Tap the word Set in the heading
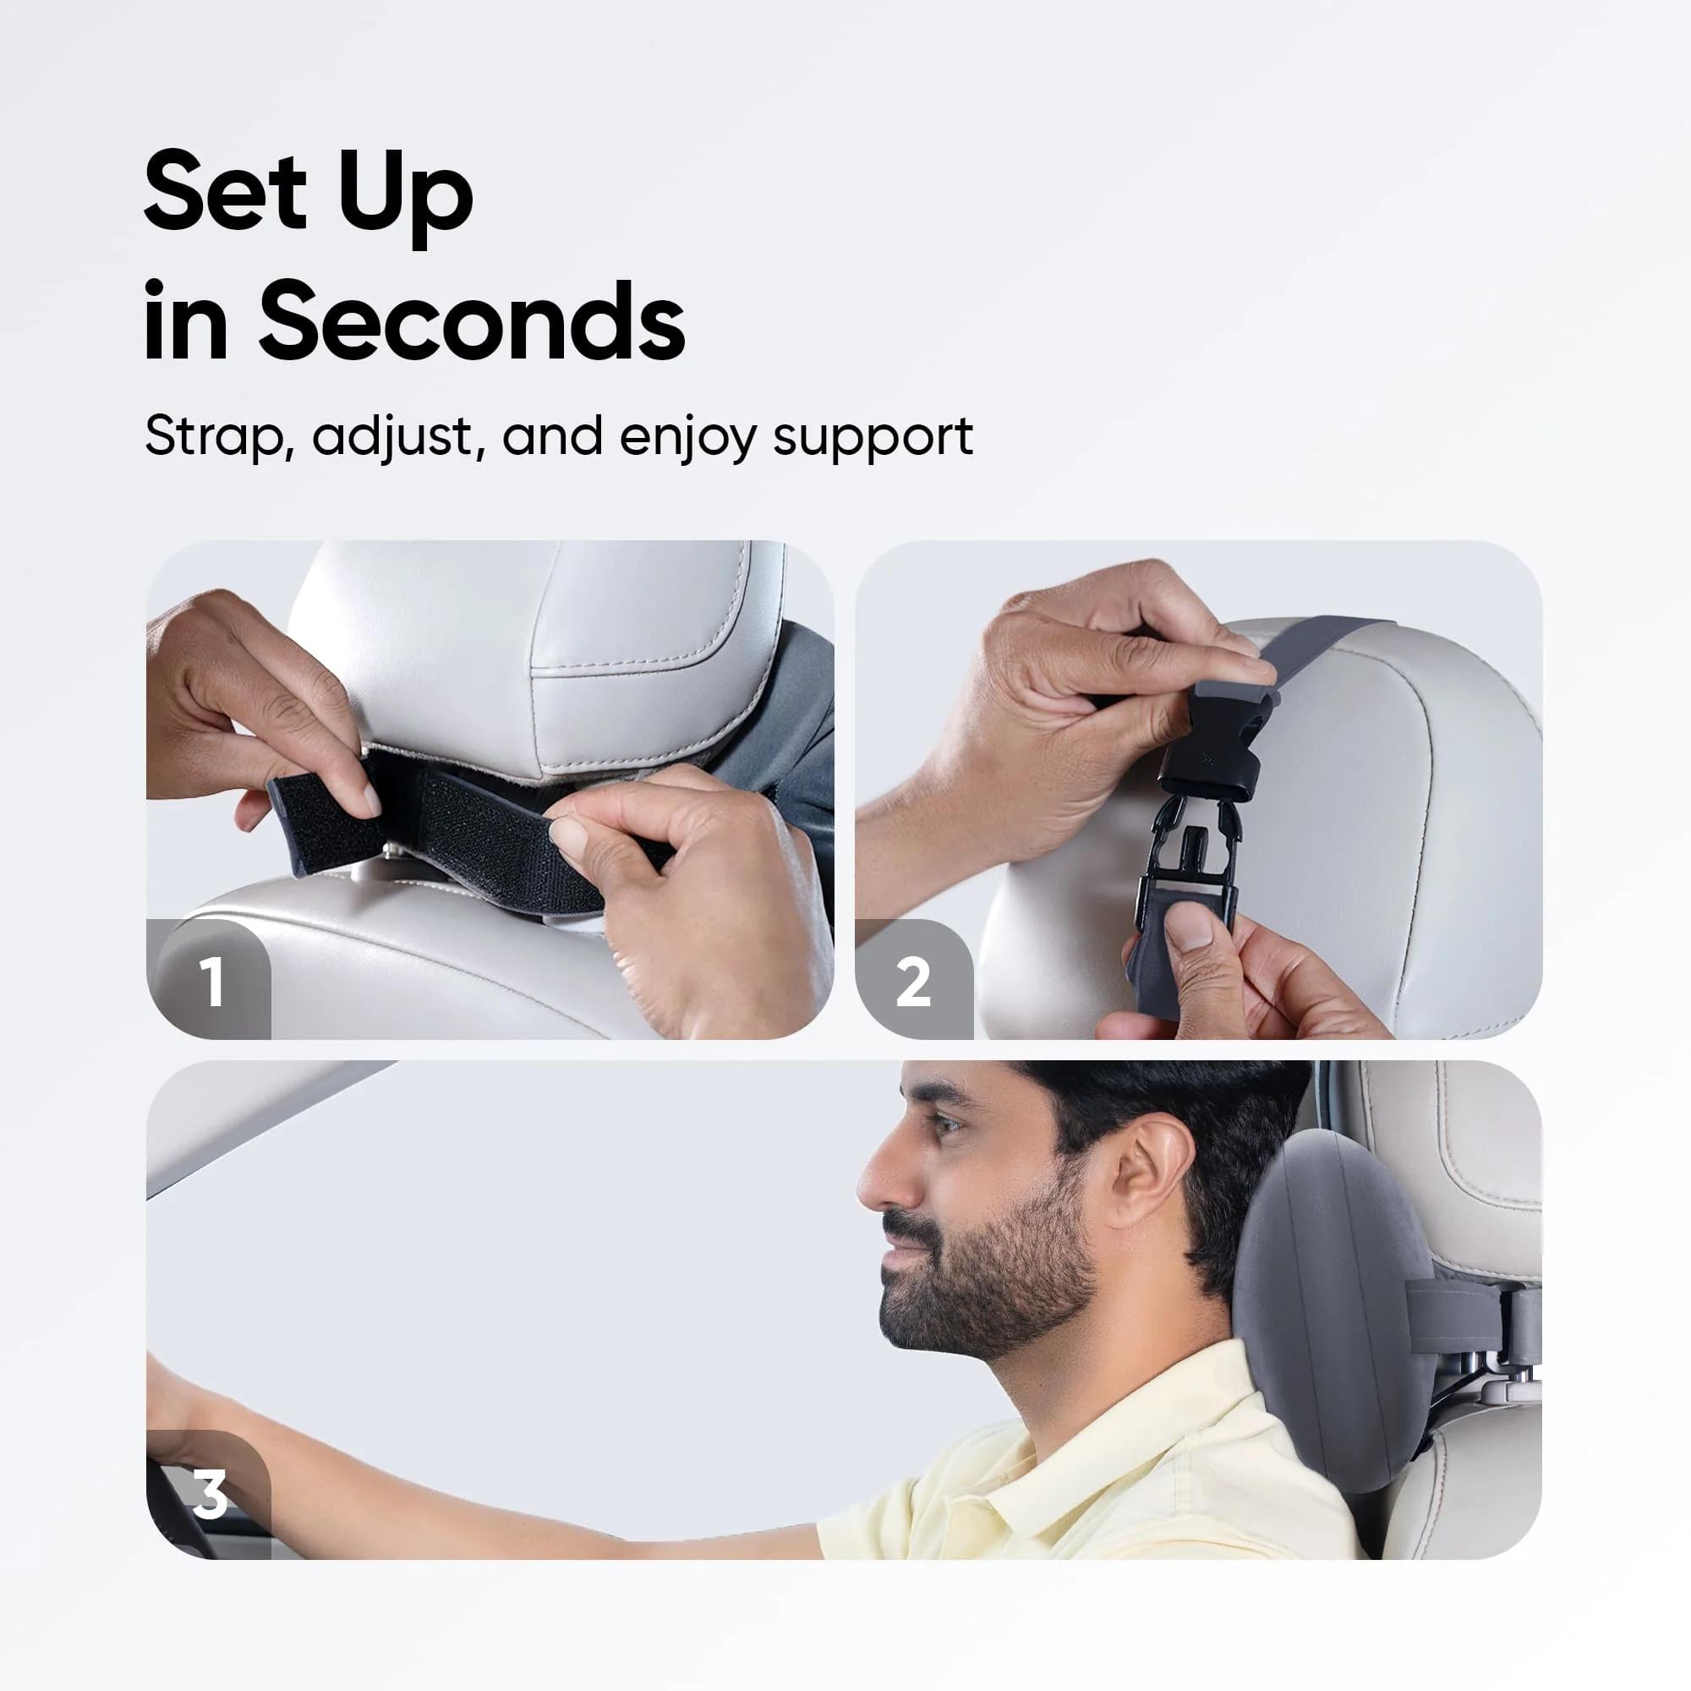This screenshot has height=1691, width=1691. (225, 193)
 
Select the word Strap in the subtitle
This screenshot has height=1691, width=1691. (215, 437)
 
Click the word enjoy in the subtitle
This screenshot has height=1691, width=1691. (687, 439)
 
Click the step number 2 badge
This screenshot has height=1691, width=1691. (913, 982)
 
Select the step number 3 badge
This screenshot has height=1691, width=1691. (210, 1493)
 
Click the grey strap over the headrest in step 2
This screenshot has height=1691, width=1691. (1313, 648)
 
